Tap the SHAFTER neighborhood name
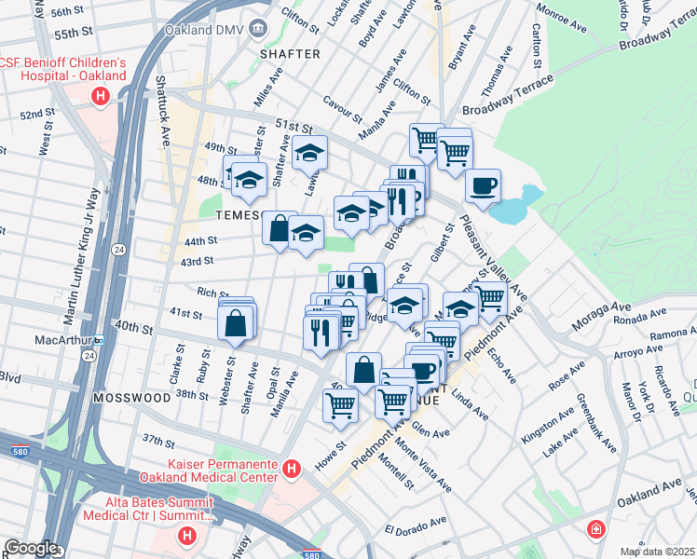point(290,54)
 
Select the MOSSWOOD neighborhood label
point(131,397)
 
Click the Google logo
point(30,548)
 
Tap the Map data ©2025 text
point(657,552)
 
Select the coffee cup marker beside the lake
point(483,185)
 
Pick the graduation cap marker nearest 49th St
point(310,151)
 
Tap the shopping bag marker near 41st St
point(236,323)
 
